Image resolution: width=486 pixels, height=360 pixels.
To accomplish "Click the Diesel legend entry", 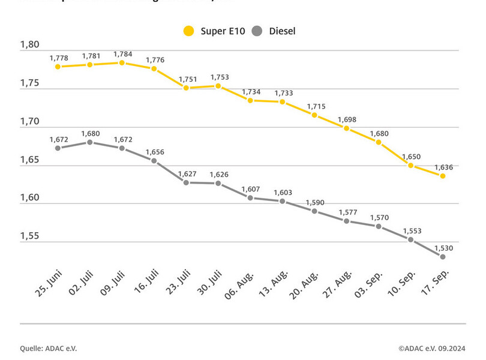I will (x=274, y=31).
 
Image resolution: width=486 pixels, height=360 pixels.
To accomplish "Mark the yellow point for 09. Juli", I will (x=122, y=62).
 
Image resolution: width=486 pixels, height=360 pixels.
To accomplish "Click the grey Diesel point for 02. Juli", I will (x=90, y=142).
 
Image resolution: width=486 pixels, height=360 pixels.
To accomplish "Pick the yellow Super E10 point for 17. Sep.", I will (x=442, y=176).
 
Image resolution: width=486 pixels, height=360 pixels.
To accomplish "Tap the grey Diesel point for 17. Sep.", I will (x=442, y=257).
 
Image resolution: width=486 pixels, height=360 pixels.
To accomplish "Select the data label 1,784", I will (x=122, y=54).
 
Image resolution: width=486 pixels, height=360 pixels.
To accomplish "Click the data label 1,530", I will (x=443, y=248).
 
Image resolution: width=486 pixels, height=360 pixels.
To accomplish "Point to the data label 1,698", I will (x=347, y=119).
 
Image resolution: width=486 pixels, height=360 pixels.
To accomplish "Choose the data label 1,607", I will (x=251, y=189).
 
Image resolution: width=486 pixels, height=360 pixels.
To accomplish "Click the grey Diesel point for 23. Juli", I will (x=186, y=182).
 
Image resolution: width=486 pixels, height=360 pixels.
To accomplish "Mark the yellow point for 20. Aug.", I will (x=314, y=115).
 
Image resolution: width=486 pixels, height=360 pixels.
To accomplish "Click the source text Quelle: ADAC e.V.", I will (x=49, y=348).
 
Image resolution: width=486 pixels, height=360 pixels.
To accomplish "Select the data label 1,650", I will (x=411, y=157).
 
